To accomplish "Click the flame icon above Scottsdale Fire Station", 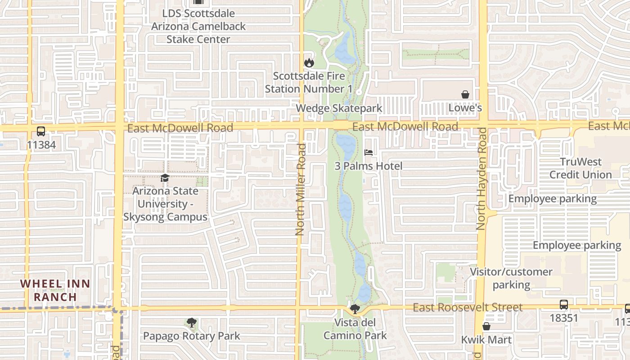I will point(309,63).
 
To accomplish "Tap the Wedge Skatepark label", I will point(339,108).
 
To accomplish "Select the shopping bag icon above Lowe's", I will point(465,94).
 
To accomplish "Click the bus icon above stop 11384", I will point(40,131).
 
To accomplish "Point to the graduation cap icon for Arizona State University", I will point(165,178).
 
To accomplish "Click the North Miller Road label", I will point(301,189).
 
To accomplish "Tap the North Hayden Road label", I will point(481,179).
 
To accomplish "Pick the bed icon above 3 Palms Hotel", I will point(369,153).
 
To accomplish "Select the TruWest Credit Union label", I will point(580,168).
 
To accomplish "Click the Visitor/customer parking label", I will point(511,278).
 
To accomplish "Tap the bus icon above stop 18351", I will point(563,305).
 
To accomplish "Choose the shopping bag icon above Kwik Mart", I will point(486,326).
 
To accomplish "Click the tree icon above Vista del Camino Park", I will point(355,309).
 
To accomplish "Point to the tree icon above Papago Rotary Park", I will point(191,323).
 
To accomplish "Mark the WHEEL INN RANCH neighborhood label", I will point(55,290).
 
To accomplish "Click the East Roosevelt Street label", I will point(468,307).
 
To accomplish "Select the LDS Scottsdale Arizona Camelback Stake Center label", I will point(198,26).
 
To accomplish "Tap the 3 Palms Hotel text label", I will point(369,166).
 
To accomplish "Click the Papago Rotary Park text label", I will point(191,336).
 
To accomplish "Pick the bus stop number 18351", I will point(563,318).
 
